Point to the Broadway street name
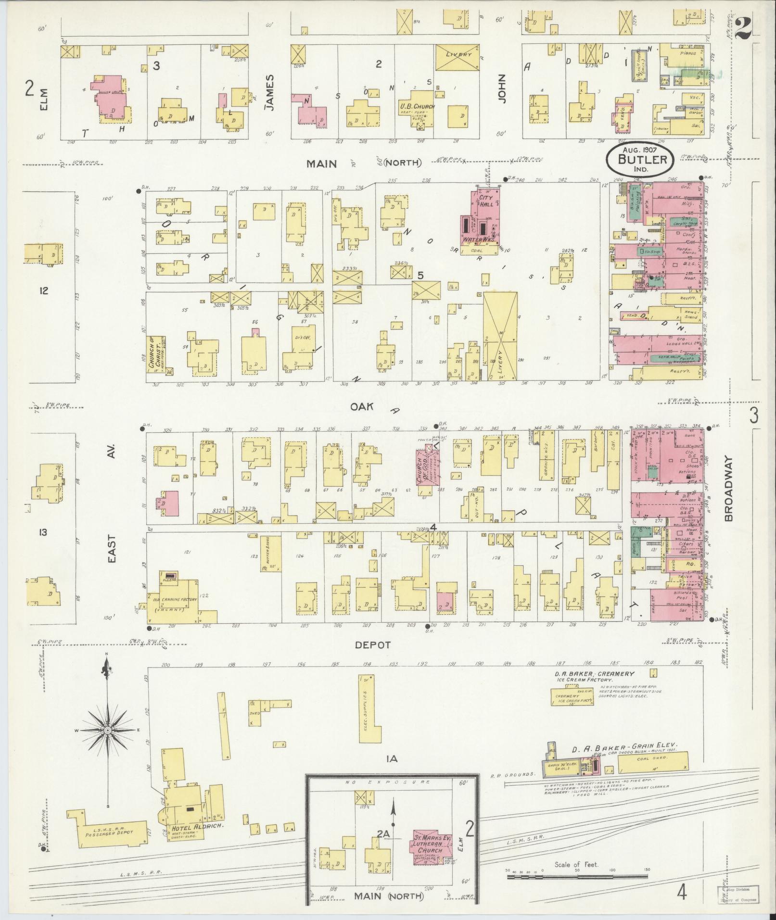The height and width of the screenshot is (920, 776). pos(729,489)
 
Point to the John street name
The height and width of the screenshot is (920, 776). pos(503,88)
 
